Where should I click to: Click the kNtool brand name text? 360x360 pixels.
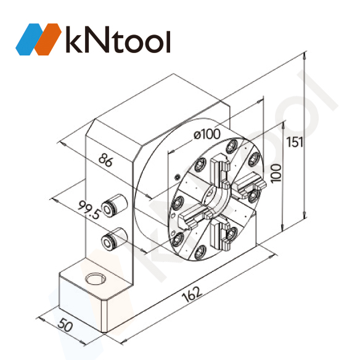[x=117, y=40]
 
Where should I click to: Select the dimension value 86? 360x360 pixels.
[x=107, y=162]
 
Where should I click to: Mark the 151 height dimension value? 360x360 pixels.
[x=295, y=142]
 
